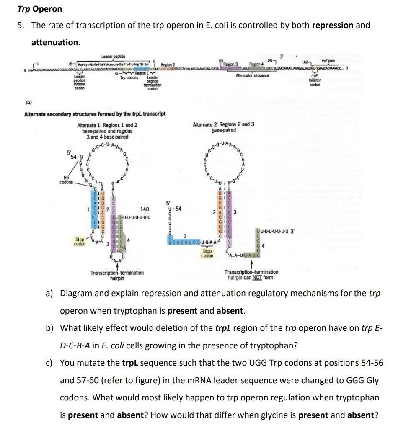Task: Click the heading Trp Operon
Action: pos(40,9)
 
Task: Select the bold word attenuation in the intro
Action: pos(55,42)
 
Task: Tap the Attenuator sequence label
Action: pos(252,76)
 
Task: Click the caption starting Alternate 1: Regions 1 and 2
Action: pos(107,131)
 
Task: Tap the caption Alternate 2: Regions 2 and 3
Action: pos(223,127)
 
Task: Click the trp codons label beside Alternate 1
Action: pos(66,180)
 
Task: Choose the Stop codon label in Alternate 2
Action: pos(207,253)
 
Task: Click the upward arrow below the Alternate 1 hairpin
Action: pos(116,266)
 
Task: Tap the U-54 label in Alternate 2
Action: pos(173,209)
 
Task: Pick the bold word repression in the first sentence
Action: pos(333,25)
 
